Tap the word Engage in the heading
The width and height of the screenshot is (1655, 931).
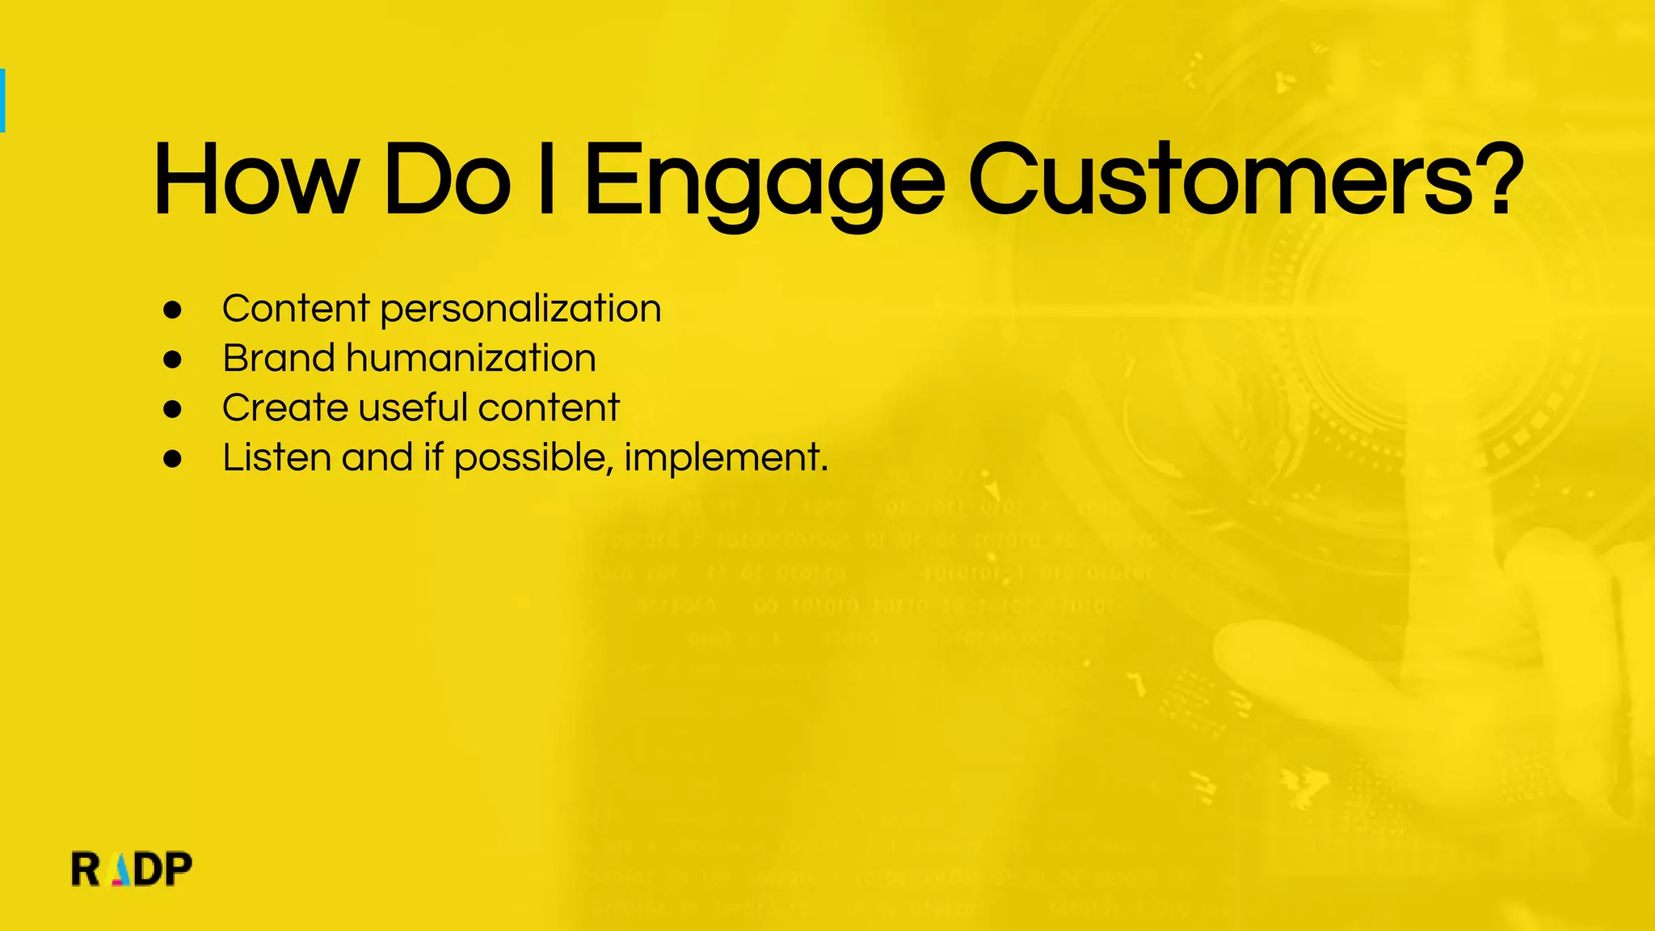764,182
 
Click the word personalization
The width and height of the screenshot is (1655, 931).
520,310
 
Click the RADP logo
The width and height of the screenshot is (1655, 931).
132,870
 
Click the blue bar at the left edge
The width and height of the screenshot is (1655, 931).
2,100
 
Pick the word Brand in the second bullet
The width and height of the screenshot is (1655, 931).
279,359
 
